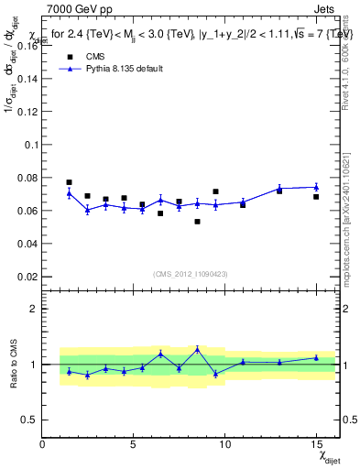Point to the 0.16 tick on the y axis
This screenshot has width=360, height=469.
[27, 46]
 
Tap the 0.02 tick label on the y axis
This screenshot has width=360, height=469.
[27, 277]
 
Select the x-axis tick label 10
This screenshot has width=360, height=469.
[224, 444]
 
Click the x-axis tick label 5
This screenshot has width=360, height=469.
[134, 444]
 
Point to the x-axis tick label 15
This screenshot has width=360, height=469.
[315, 444]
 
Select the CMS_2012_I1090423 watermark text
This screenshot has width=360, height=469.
[191, 274]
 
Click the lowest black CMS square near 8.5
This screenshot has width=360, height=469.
[197, 222]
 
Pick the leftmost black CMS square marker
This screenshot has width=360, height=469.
[69, 182]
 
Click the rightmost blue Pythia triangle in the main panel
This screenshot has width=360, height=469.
[316, 187]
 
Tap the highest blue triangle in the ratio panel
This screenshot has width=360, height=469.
[197, 349]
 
